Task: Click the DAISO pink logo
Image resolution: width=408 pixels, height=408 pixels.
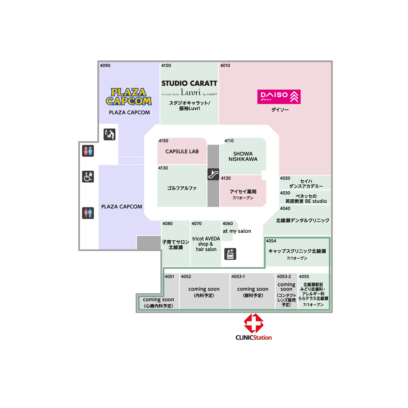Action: pos(279,97)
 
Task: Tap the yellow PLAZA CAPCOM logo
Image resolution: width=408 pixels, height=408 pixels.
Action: pos(129,97)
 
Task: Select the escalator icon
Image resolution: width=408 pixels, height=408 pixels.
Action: pos(213,174)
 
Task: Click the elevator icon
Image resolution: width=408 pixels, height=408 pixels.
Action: pos(230,254)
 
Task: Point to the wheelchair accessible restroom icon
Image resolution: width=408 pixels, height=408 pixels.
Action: pos(88,176)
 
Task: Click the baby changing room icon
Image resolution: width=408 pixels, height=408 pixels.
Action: pos(109,134)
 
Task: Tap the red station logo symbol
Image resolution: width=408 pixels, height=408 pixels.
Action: pos(254,323)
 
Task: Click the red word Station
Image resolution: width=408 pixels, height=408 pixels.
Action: pos(262,338)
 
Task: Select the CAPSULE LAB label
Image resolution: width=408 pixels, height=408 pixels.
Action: pos(182,151)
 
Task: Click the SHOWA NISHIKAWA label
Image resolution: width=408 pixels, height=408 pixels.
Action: pos(243,156)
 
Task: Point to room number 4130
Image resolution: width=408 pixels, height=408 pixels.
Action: pos(163,168)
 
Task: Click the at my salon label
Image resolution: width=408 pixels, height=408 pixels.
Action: pos(237,231)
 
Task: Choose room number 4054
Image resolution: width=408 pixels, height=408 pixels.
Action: pos(271,241)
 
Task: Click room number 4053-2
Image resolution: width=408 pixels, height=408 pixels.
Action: pos(284,277)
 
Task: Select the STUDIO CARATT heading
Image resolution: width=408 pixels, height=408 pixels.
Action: pos(189,83)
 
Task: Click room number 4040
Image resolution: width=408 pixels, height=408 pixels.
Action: pos(285,208)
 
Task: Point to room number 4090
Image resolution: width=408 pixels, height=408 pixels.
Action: pos(105,65)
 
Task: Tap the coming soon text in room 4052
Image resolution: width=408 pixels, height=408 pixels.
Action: pos(204,289)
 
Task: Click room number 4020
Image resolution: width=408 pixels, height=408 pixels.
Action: pos(285,178)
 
